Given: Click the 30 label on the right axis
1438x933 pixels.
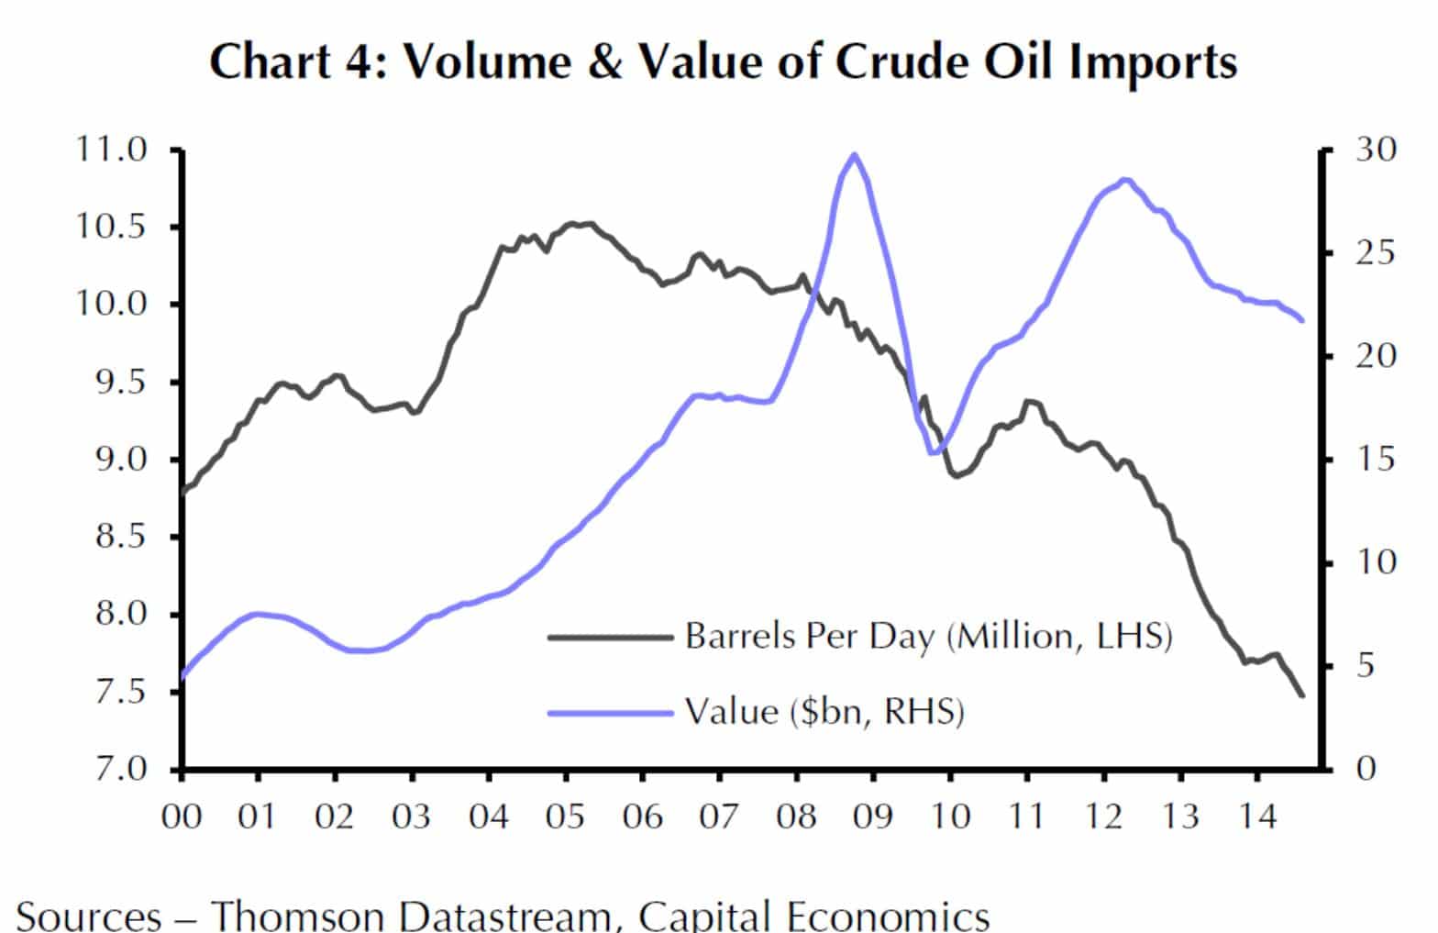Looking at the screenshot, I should coord(1375,149).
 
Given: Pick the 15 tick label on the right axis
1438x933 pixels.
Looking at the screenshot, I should coord(1375,459).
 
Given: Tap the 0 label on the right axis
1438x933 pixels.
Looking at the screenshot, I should coord(1366,769).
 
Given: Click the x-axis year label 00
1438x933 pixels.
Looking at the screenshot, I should coord(182,815).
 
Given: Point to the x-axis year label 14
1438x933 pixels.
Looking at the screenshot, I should coord(1257,815).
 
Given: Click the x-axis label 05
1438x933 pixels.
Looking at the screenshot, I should coord(566,815).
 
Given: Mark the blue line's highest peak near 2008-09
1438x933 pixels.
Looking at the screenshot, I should coord(855,154).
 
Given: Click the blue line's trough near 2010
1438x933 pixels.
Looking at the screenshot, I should coord(933,452).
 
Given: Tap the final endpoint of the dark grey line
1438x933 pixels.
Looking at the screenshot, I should coord(1301,695).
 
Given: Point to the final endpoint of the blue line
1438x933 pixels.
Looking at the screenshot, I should coord(1302,320).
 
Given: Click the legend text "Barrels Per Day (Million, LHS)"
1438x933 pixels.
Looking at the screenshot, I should coord(928,636).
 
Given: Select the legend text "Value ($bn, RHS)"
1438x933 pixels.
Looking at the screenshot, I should coord(824,711).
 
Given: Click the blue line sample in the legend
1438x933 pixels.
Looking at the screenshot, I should coord(610,712).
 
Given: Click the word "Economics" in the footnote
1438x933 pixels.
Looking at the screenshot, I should coord(884,915).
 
